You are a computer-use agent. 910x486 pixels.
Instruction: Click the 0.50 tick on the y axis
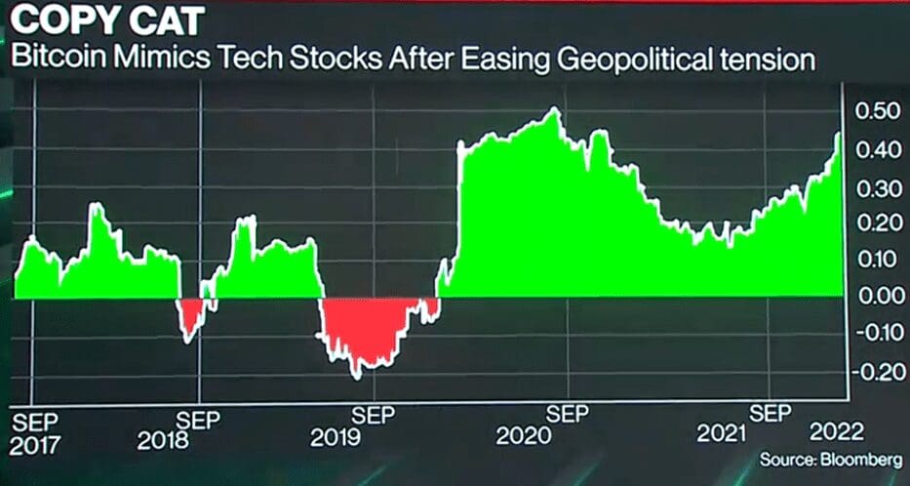(876, 112)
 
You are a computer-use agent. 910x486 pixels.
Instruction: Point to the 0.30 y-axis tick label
(876, 186)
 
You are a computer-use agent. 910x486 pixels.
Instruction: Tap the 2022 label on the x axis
(836, 432)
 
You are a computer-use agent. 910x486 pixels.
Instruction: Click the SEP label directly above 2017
(35, 423)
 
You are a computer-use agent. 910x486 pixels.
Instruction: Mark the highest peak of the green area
(555, 110)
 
